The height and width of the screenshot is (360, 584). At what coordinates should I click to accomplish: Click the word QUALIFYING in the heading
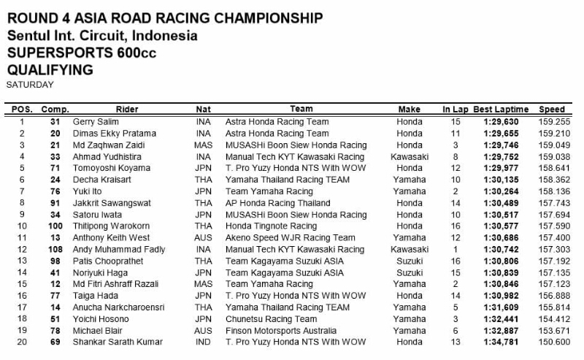[x=49, y=70]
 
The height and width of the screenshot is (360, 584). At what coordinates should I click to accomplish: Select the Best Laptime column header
[x=500, y=110]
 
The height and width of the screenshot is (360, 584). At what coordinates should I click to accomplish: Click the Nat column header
[x=204, y=110]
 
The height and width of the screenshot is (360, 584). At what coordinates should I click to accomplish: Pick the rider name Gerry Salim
[x=95, y=122]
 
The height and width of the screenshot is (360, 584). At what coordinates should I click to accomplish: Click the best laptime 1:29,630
[x=500, y=122]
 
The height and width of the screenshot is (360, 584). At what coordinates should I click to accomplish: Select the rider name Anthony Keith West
[x=110, y=238]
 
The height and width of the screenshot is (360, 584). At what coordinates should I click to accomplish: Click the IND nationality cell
[x=204, y=342]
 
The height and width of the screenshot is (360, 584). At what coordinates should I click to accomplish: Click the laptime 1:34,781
[x=500, y=342]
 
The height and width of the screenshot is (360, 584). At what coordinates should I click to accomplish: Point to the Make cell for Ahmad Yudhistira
[x=409, y=156]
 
